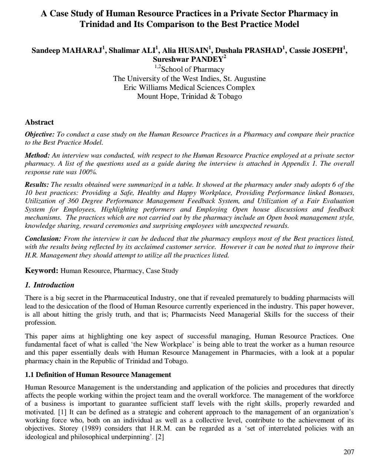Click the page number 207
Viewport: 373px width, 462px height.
tap(349, 452)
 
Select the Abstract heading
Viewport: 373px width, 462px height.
tap(39, 122)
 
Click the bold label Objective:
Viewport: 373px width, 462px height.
tap(40, 134)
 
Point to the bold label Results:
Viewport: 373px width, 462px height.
tap(37, 184)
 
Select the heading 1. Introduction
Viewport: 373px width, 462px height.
tap(50, 285)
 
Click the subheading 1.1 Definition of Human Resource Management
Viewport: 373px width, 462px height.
tap(98, 375)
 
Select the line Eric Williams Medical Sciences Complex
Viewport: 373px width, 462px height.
tap(189, 88)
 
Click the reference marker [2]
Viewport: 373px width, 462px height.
tap(160, 437)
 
